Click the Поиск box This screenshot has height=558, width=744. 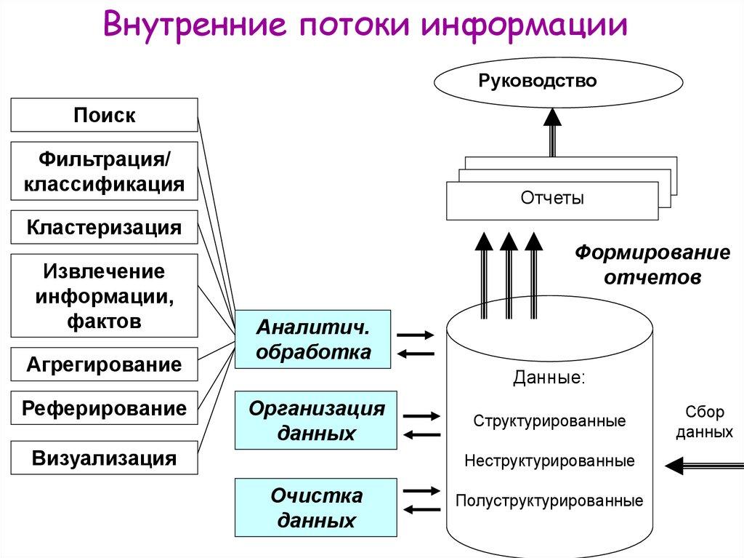104,115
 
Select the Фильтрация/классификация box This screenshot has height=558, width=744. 104,171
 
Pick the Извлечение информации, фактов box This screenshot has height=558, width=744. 104,295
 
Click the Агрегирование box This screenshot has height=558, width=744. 104,364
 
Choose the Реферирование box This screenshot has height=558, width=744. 104,407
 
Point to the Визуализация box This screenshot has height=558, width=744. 104,458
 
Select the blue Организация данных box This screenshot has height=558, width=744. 316,421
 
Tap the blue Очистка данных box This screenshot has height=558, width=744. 316,508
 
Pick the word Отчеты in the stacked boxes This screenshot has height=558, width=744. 552,199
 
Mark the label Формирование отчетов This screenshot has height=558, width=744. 652,265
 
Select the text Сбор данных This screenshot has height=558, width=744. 703,422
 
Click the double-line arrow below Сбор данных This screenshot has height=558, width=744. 703,464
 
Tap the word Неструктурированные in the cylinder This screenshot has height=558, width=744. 549,461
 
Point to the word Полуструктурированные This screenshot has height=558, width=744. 549,501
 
